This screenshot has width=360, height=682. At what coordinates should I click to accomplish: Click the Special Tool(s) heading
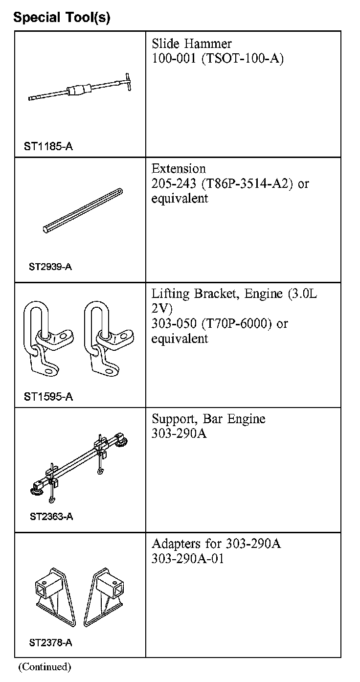62,18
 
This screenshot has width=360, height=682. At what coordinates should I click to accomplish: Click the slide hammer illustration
78,89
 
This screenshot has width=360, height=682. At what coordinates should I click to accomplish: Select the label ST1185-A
48,146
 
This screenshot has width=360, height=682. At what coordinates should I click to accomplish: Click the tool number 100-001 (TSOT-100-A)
217,59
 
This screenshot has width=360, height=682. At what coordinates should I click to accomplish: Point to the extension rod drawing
83,210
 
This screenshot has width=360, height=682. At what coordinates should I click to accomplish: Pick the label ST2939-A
50,267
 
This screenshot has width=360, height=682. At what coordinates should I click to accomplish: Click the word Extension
179,169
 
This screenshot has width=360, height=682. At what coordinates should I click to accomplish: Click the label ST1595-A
48,397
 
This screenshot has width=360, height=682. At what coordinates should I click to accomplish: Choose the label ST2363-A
51,517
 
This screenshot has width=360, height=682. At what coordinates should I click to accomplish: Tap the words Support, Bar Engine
208,419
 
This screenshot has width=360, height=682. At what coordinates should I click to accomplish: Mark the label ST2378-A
50,643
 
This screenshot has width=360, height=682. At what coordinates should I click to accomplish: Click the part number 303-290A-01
188,559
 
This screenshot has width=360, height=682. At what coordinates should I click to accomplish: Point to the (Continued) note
45,666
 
